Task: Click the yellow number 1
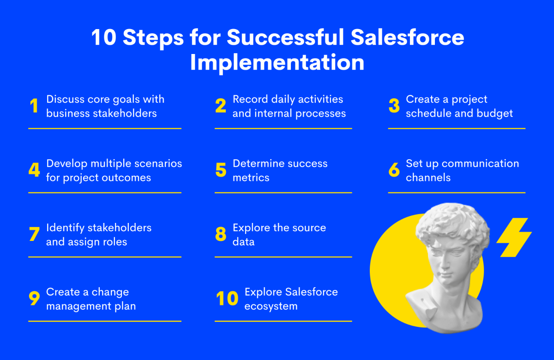34,106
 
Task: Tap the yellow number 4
34,170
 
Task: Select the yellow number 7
34,234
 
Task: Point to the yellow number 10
227,298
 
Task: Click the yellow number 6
394,170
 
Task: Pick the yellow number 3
394,106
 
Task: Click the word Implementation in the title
277,62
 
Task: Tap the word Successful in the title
285,37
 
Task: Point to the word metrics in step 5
251,178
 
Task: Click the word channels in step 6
428,178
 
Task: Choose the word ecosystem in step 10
271,306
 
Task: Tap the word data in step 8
243,242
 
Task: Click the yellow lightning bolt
514,237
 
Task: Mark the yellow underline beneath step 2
283,129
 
